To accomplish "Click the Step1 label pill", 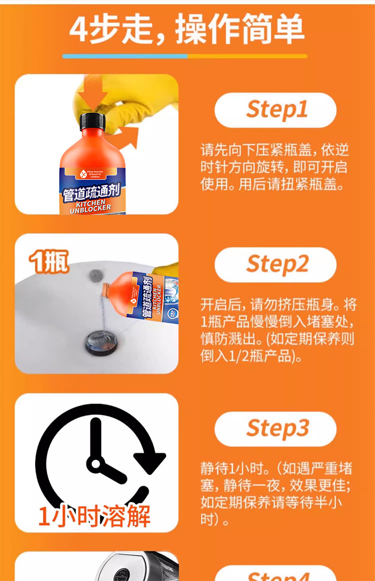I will pyautogui.click(x=275, y=110).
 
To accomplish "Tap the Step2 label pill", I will pyautogui.click(x=275, y=265).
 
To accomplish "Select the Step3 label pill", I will pyautogui.click(x=275, y=429).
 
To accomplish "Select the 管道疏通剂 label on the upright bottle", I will pyautogui.click(x=91, y=192).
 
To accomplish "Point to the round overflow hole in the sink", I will pyautogui.click(x=96, y=275).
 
